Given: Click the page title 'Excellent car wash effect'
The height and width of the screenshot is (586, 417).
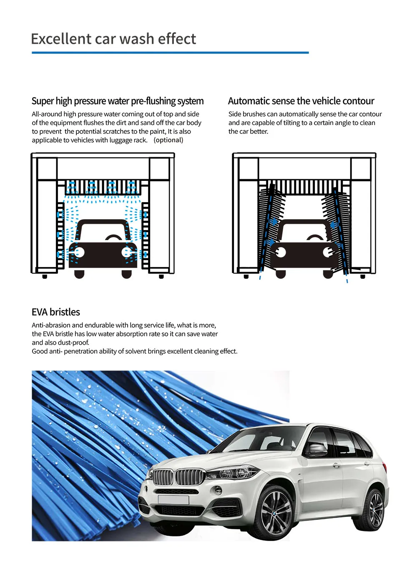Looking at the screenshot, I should [x=113, y=39].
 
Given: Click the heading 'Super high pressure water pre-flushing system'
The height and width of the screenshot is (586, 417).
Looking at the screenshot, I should [x=118, y=101].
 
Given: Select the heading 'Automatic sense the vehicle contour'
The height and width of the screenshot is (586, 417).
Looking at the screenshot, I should [x=301, y=101].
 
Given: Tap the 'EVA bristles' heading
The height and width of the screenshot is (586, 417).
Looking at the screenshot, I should [x=56, y=312].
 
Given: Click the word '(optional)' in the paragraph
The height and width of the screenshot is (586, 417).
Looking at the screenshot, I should [x=168, y=140].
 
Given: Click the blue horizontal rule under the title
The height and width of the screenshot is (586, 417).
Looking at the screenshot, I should [x=170, y=53].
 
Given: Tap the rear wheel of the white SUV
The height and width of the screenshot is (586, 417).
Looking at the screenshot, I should [x=376, y=510].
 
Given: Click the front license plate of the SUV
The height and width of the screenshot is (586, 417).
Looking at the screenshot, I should [x=173, y=500].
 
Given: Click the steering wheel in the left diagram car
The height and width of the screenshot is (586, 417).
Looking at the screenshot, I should [x=113, y=238].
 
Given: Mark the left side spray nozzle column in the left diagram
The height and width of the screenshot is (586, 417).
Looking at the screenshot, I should [x=60, y=235].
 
